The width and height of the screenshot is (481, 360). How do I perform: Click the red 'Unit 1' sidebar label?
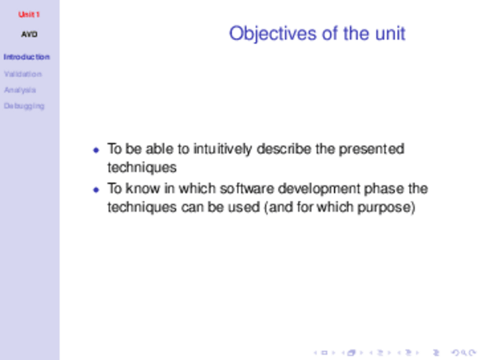point(29,14)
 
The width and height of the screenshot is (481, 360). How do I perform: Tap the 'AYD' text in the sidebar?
point(29,34)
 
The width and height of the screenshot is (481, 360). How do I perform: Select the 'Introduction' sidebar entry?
point(27,57)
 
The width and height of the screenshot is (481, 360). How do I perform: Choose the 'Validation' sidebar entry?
point(23,74)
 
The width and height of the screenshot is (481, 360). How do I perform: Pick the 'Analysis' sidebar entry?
point(20,90)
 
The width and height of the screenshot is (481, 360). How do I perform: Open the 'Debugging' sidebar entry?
point(24,106)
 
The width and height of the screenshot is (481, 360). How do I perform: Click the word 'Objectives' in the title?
point(273,33)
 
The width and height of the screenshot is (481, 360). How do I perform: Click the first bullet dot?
point(96,150)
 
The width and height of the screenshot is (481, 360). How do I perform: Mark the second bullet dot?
point(96,190)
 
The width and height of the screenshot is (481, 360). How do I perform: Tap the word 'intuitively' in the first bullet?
point(223,149)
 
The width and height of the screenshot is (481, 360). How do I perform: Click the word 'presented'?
point(371,149)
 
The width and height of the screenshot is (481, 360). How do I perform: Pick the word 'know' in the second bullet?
point(142,188)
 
